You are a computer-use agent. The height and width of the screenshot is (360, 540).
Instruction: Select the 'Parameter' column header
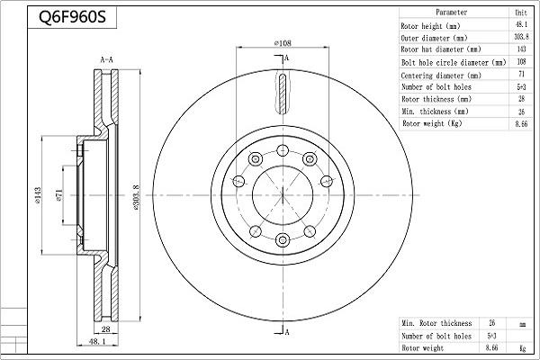[450, 13]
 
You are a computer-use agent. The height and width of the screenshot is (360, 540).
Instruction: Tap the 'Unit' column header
[520, 13]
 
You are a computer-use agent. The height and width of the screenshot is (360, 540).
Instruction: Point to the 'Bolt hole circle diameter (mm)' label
[453, 62]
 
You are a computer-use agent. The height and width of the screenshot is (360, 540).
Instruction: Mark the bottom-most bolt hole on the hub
[283, 239]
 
